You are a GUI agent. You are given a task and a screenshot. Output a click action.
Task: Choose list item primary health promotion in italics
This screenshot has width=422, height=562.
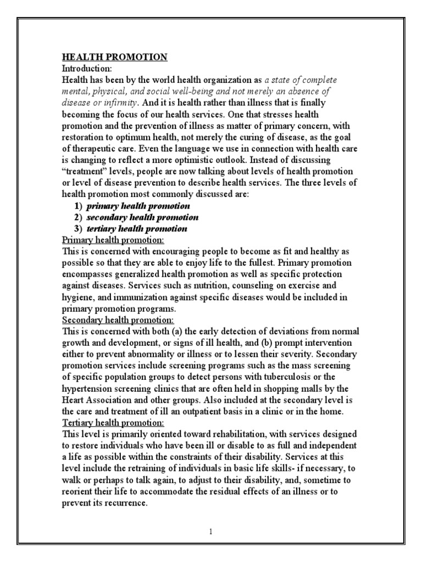pyautogui.click(x=138, y=205)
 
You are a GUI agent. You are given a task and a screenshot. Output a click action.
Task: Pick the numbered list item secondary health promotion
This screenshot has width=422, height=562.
pyautogui.click(x=143, y=217)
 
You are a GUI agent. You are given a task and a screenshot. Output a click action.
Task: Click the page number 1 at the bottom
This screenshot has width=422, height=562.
pyautogui.click(x=211, y=531)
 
